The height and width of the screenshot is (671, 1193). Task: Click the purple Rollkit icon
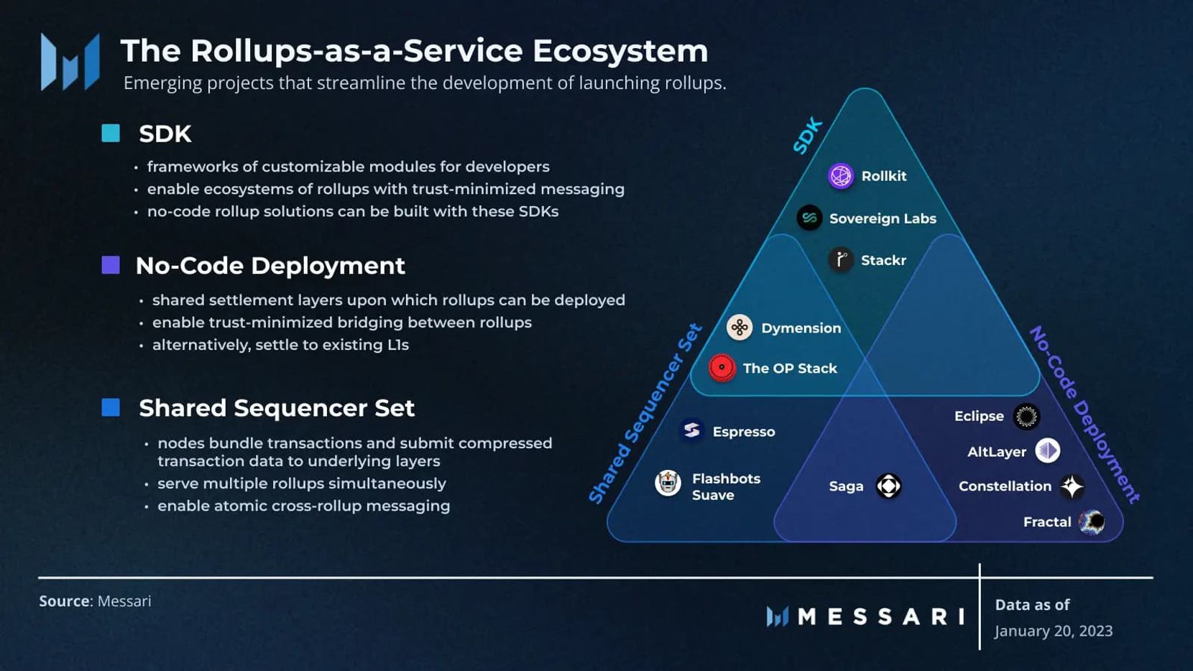tap(840, 176)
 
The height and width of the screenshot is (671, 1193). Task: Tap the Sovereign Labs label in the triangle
tap(883, 218)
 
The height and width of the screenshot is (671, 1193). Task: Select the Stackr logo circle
tap(840, 259)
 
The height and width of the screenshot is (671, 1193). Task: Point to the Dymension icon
tap(739, 328)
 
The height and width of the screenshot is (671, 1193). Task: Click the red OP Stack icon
tap(722, 368)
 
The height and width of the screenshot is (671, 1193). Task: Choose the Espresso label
tap(743, 432)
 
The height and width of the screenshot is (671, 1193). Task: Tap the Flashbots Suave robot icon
tap(668, 483)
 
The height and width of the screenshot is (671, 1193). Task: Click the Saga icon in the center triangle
tap(888, 486)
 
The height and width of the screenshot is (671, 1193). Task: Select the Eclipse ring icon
tap(1026, 416)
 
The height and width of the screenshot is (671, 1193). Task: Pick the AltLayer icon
tap(1047, 451)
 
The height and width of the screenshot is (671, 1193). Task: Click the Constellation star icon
tap(1072, 486)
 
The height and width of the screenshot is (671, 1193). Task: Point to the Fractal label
tap(1046, 522)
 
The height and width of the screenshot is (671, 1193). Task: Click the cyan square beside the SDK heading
tap(111, 133)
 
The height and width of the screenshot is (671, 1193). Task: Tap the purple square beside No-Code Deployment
tap(111, 265)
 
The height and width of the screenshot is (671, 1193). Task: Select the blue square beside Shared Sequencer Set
tap(111, 407)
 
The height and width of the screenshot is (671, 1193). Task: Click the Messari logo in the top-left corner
tap(70, 62)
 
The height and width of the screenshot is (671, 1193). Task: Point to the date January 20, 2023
tap(1053, 631)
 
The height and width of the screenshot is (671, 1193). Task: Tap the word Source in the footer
tap(64, 601)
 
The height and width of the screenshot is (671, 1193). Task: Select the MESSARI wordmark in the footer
tap(881, 616)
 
